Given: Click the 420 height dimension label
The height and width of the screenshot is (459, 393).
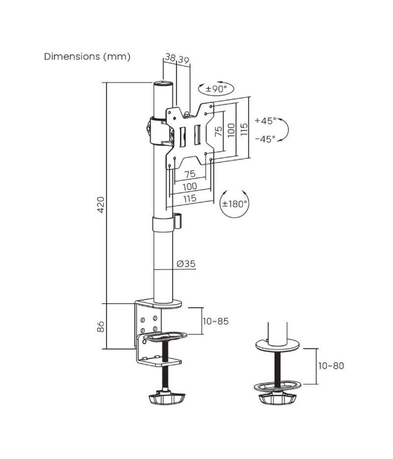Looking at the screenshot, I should tap(100, 204).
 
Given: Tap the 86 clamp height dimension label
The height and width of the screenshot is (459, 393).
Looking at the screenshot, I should tap(100, 326).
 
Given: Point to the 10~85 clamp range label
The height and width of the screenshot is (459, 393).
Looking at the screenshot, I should tap(215, 321).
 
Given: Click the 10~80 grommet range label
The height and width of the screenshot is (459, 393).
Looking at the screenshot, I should tap(330, 365).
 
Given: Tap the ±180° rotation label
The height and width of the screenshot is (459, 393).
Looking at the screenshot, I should tap(234, 203).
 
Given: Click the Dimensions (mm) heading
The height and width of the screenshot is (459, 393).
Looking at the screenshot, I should tap(87, 57).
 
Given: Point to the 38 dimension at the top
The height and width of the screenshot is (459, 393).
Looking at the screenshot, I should tap(170, 57).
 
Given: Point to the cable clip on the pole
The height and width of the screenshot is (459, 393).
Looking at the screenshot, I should tap(178, 220).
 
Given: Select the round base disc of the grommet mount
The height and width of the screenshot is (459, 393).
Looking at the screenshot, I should tap(277, 346).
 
